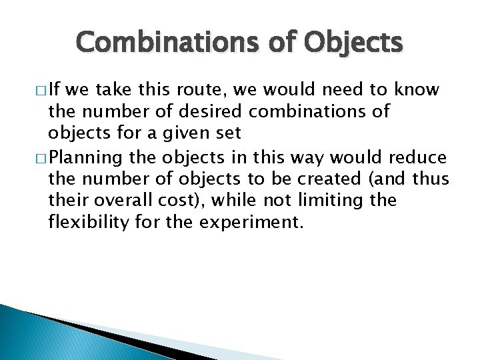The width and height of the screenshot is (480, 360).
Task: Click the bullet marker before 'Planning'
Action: tap(34, 158)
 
